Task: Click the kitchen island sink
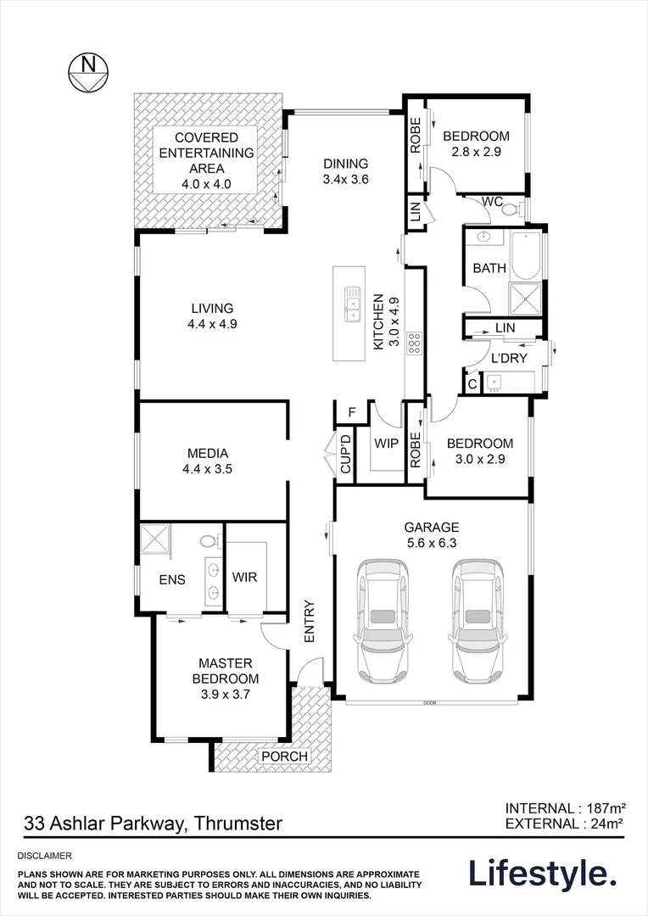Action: pos(350,306)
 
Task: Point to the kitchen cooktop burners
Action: pos(415,343)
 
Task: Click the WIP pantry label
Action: pos(387,442)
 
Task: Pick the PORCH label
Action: pos(284,757)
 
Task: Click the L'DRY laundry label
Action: pos(510,359)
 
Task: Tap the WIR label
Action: pos(245,577)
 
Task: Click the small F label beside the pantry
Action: pos(351,413)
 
